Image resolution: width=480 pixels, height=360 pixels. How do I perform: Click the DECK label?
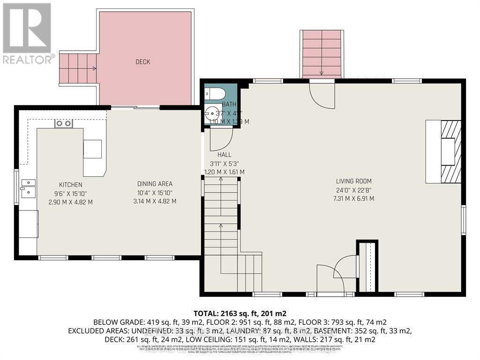click(x=143, y=62)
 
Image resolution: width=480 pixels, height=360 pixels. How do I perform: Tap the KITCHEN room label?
click(x=70, y=185)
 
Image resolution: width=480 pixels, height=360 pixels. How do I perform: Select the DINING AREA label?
click(x=155, y=184)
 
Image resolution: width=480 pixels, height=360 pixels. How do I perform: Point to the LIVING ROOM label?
click(x=354, y=181)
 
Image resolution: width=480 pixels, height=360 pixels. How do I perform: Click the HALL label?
click(x=224, y=155)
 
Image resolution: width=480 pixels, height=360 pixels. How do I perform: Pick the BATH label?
click(x=229, y=105)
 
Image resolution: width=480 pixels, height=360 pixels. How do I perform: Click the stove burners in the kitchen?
click(x=64, y=124)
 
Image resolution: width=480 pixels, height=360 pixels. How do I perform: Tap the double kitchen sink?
click(x=28, y=187)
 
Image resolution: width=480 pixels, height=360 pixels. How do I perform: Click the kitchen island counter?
click(x=93, y=150)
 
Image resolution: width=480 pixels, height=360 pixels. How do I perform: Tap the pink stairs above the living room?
click(x=322, y=54)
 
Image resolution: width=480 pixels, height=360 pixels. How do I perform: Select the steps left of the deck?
click(x=78, y=68)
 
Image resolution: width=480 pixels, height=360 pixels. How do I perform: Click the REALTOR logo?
click(x=27, y=33)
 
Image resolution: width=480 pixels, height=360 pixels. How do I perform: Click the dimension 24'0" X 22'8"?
click(x=354, y=190)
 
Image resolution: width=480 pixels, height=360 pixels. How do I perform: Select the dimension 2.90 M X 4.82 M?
click(x=70, y=202)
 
